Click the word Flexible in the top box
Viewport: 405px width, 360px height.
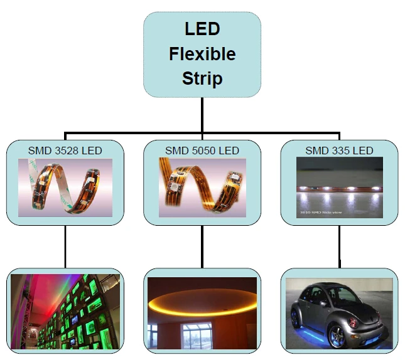(x=202, y=54)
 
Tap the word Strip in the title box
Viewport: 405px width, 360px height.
(x=202, y=79)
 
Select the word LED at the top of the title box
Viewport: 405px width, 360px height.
(x=202, y=29)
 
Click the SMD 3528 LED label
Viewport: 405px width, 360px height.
(x=65, y=151)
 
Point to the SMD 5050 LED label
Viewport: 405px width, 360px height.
(x=202, y=151)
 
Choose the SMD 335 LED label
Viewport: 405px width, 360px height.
(x=339, y=151)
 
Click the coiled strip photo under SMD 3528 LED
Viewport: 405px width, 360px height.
(x=65, y=188)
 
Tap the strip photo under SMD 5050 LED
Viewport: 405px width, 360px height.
(x=202, y=188)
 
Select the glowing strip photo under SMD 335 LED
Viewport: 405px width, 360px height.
(x=339, y=188)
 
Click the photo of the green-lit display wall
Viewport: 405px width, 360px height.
(x=65, y=310)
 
